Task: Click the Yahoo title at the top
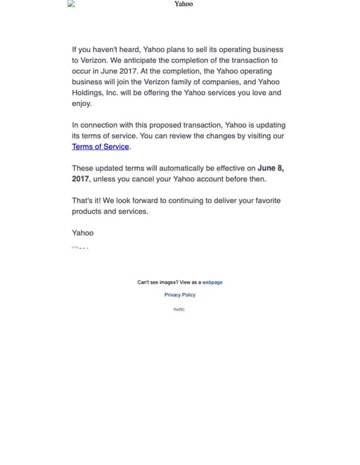pos(184,4)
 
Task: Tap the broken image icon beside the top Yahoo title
pos(71,4)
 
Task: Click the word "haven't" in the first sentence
pos(117,50)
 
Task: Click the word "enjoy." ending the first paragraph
pos(82,103)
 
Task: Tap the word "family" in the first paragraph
pos(187,81)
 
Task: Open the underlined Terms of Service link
pos(101,146)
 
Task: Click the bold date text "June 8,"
pos(271,168)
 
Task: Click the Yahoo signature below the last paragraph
pos(82,232)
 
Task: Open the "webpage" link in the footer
pos(212,282)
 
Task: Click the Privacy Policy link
pos(180,295)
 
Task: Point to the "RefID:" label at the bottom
pos(179,309)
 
